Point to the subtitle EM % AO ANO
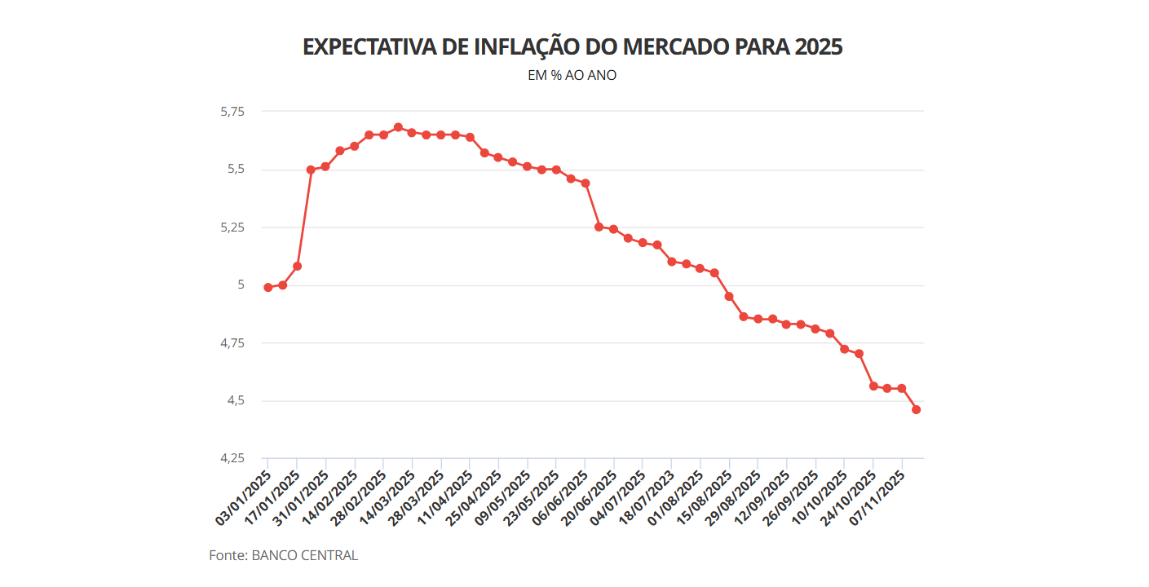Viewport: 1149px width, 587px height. point(572,75)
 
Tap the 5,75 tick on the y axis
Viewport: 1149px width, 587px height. point(232,112)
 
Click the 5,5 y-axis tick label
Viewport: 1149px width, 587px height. point(236,170)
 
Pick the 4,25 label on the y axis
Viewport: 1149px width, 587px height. point(232,459)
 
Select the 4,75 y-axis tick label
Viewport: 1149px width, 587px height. point(232,343)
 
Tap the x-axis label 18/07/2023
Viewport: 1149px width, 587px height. point(647,497)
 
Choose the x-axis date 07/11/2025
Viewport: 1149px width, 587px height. point(877,497)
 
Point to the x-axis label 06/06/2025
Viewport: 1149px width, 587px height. point(560,497)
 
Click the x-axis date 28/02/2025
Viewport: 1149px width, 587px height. point(358,497)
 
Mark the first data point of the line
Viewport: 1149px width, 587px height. point(268,287)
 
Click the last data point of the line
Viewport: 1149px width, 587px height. point(916,409)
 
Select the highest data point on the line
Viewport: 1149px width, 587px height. point(398,127)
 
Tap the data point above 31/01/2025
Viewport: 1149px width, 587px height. point(325,166)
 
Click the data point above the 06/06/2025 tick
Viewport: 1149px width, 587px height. point(585,183)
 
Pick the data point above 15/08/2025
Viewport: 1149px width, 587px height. point(729,296)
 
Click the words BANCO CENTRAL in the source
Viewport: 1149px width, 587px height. point(305,556)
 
